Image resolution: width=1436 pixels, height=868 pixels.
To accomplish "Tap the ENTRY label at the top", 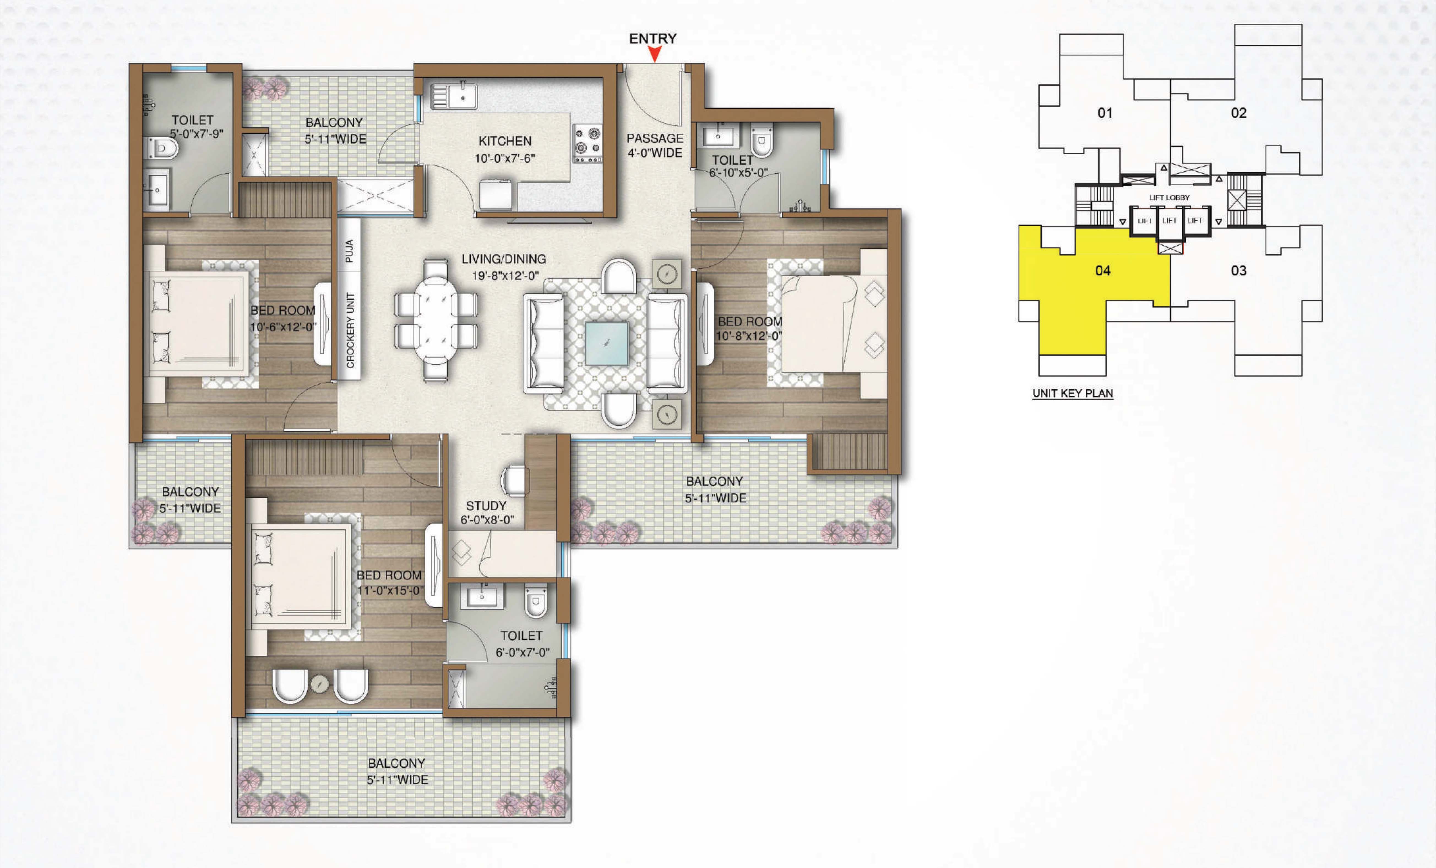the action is pos(653,39).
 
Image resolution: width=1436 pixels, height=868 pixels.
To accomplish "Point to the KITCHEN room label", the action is pos(505,141).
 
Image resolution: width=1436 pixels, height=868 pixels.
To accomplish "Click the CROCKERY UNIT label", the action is pos(350,330).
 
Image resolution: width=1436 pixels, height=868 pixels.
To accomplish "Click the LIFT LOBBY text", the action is pos(1169,198).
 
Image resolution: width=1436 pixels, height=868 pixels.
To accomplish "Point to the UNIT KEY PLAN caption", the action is pos(1072,393).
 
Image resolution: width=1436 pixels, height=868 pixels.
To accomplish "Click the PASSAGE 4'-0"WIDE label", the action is pos(654,146).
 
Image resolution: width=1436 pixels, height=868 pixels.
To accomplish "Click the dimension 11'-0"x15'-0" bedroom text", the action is pos(390,590).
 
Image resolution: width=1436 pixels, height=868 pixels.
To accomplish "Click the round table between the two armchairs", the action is pos(319,683).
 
